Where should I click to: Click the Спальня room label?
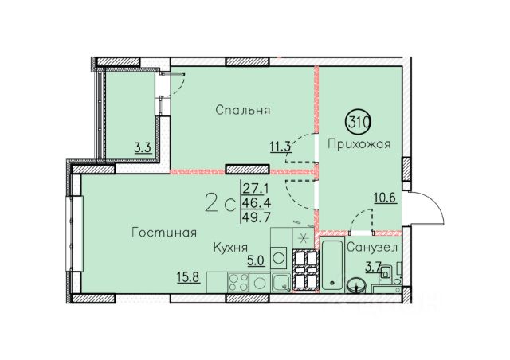click(x=242, y=110)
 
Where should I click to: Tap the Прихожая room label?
click(x=359, y=143)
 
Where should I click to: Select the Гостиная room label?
click(x=164, y=233)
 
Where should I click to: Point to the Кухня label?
click(x=230, y=248)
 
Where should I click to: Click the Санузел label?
click(x=372, y=248)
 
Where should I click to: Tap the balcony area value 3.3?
click(x=143, y=148)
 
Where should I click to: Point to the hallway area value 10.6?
click(x=386, y=198)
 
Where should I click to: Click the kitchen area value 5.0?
click(x=256, y=261)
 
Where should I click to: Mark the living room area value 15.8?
click(x=188, y=277)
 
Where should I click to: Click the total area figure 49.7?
click(x=257, y=217)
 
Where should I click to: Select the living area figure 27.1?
click(x=257, y=188)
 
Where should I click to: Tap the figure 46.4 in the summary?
click(x=257, y=202)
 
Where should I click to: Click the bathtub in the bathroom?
click(x=331, y=264)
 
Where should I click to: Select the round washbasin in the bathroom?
click(x=359, y=286)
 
